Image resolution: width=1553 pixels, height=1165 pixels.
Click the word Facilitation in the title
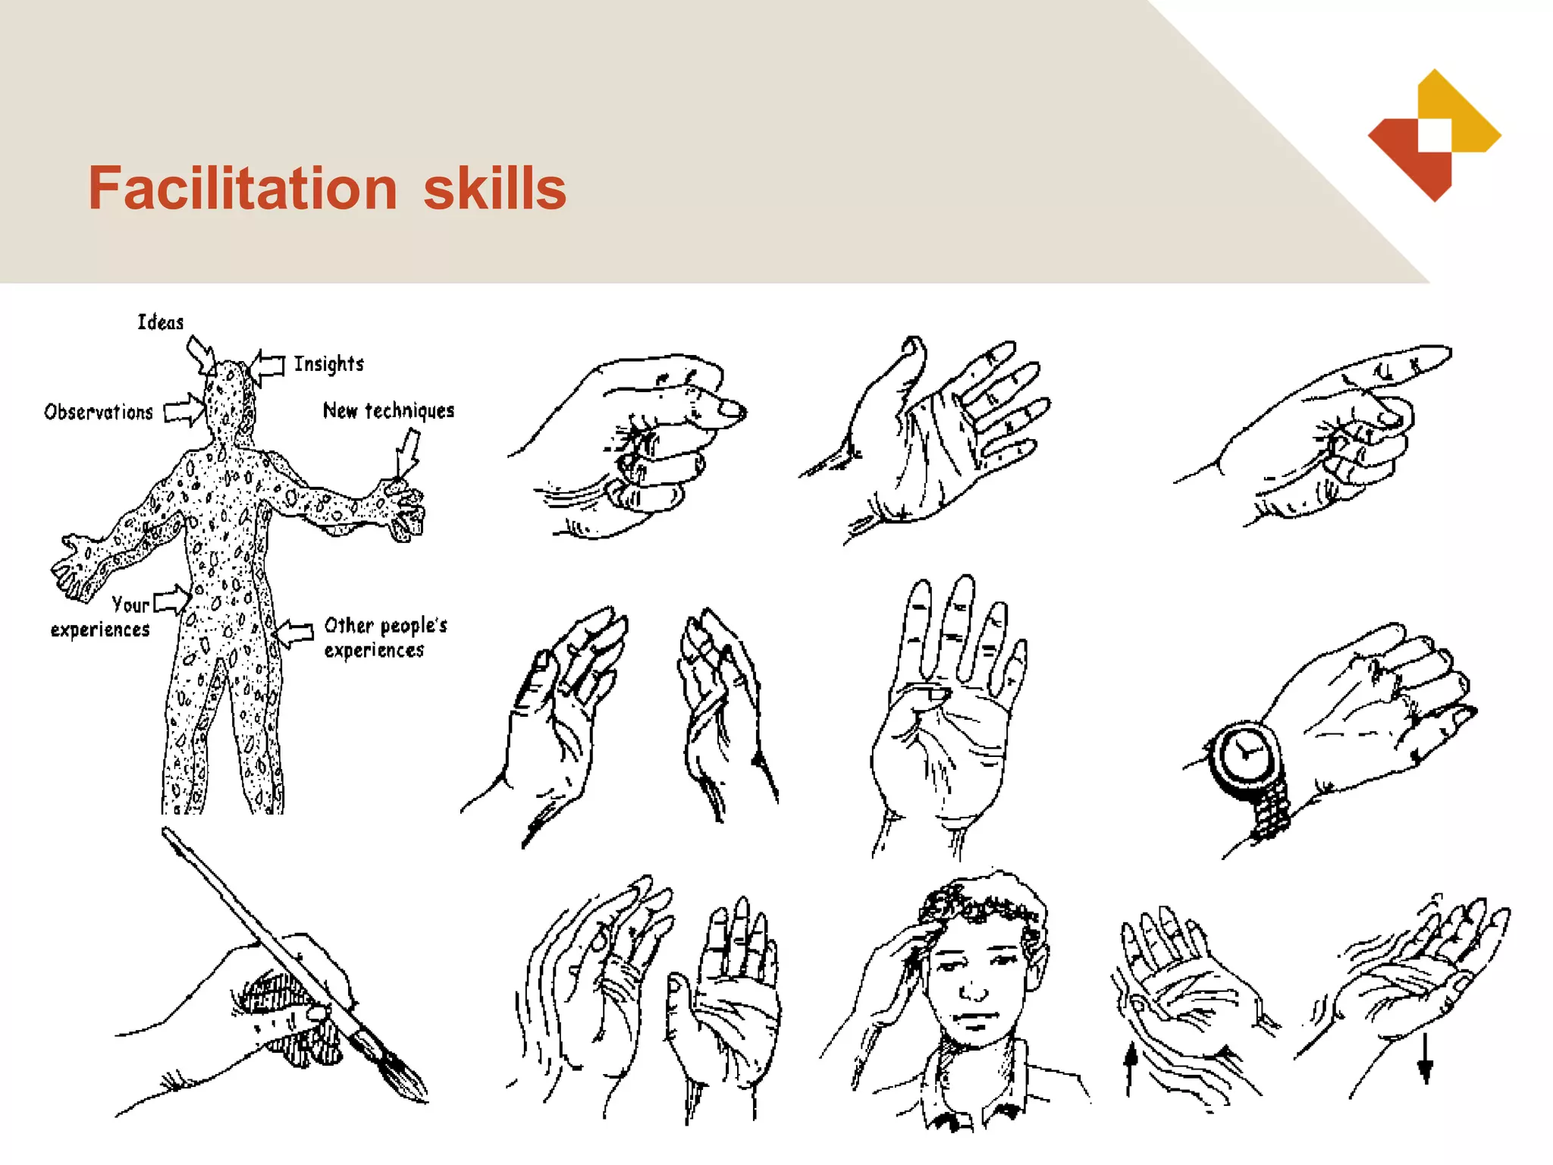click(x=243, y=188)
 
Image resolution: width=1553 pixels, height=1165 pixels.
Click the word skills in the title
click(x=494, y=188)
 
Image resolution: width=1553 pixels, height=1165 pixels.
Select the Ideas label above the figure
click(x=160, y=322)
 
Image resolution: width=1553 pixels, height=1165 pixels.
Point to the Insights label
click(x=328, y=364)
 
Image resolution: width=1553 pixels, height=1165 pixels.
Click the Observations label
click(x=99, y=412)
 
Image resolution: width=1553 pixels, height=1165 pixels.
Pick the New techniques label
click(x=388, y=411)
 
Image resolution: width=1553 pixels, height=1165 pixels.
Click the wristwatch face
click(x=1244, y=755)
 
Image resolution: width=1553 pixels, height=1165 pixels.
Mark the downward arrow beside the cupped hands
click(x=1425, y=1059)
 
